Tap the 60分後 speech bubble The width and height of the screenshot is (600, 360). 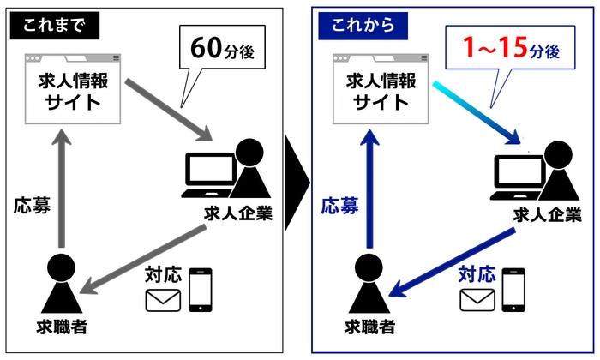point(221,51)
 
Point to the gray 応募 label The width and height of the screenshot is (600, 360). point(31,207)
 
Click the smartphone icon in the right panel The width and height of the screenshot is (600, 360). point(513,290)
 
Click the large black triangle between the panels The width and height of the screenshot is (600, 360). point(296,180)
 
